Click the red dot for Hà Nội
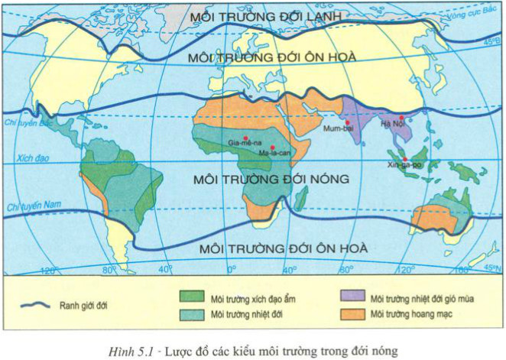(401, 117)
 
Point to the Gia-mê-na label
(244, 143)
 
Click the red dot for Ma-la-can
(273, 147)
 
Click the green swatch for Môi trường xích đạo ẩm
(193, 297)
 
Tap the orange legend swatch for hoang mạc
(352, 313)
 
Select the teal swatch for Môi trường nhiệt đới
(193, 313)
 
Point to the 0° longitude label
(232, 270)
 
